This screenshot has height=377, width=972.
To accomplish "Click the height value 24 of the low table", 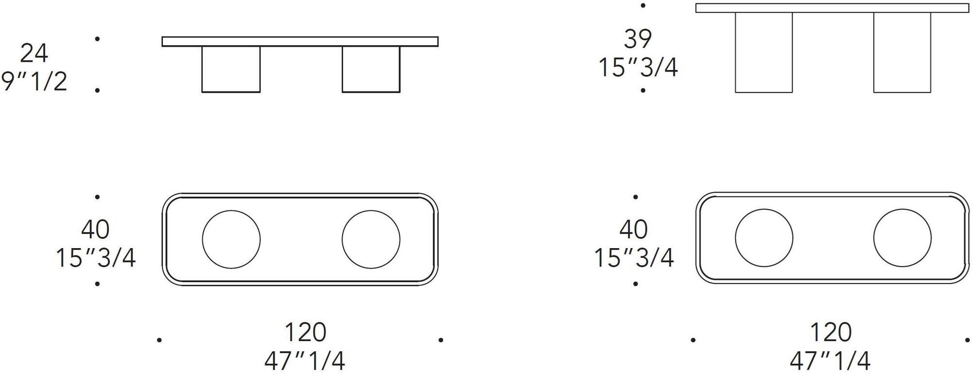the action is click(x=34, y=53).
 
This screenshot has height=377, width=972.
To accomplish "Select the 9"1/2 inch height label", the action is click(x=34, y=81).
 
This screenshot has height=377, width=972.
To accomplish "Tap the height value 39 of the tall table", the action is click(x=637, y=39).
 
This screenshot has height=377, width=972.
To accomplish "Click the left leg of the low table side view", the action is click(x=231, y=69).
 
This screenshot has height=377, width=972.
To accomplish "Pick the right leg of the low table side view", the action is click(x=371, y=69).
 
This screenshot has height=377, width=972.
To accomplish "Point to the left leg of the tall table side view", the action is click(x=764, y=52).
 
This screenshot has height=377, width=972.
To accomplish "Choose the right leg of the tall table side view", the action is click(x=902, y=52).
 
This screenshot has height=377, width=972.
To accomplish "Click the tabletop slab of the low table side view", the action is click(x=300, y=41).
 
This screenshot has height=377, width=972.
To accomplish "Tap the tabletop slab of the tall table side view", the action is click(x=832, y=8).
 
